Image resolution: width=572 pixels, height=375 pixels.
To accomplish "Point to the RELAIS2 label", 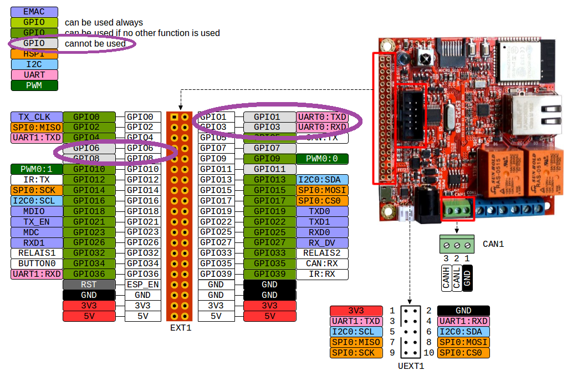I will point(322,253).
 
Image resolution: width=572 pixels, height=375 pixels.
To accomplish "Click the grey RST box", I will point(89,285).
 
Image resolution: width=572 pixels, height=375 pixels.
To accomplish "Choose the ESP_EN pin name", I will point(142,285).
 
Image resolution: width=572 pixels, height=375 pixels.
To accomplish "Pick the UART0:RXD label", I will point(322,128).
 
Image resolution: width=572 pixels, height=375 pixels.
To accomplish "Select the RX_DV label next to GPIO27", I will point(322,242).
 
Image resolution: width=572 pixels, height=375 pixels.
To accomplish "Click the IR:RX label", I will point(322,274).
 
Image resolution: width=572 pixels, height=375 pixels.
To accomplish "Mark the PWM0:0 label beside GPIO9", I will point(322,159).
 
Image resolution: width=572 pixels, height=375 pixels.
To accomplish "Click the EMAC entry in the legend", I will point(34,12).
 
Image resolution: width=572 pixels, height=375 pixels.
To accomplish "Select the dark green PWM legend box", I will point(34,85).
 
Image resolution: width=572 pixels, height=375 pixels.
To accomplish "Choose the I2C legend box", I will point(34,64).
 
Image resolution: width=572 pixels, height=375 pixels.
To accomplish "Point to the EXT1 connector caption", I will point(181,328).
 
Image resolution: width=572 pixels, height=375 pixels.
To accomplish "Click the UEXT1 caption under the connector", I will point(411,366).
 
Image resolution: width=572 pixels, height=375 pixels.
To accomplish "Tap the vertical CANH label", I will point(446,277).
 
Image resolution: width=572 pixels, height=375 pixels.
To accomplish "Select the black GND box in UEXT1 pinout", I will point(463,311).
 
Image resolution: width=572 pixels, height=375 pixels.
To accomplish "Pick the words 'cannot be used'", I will point(95,44).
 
